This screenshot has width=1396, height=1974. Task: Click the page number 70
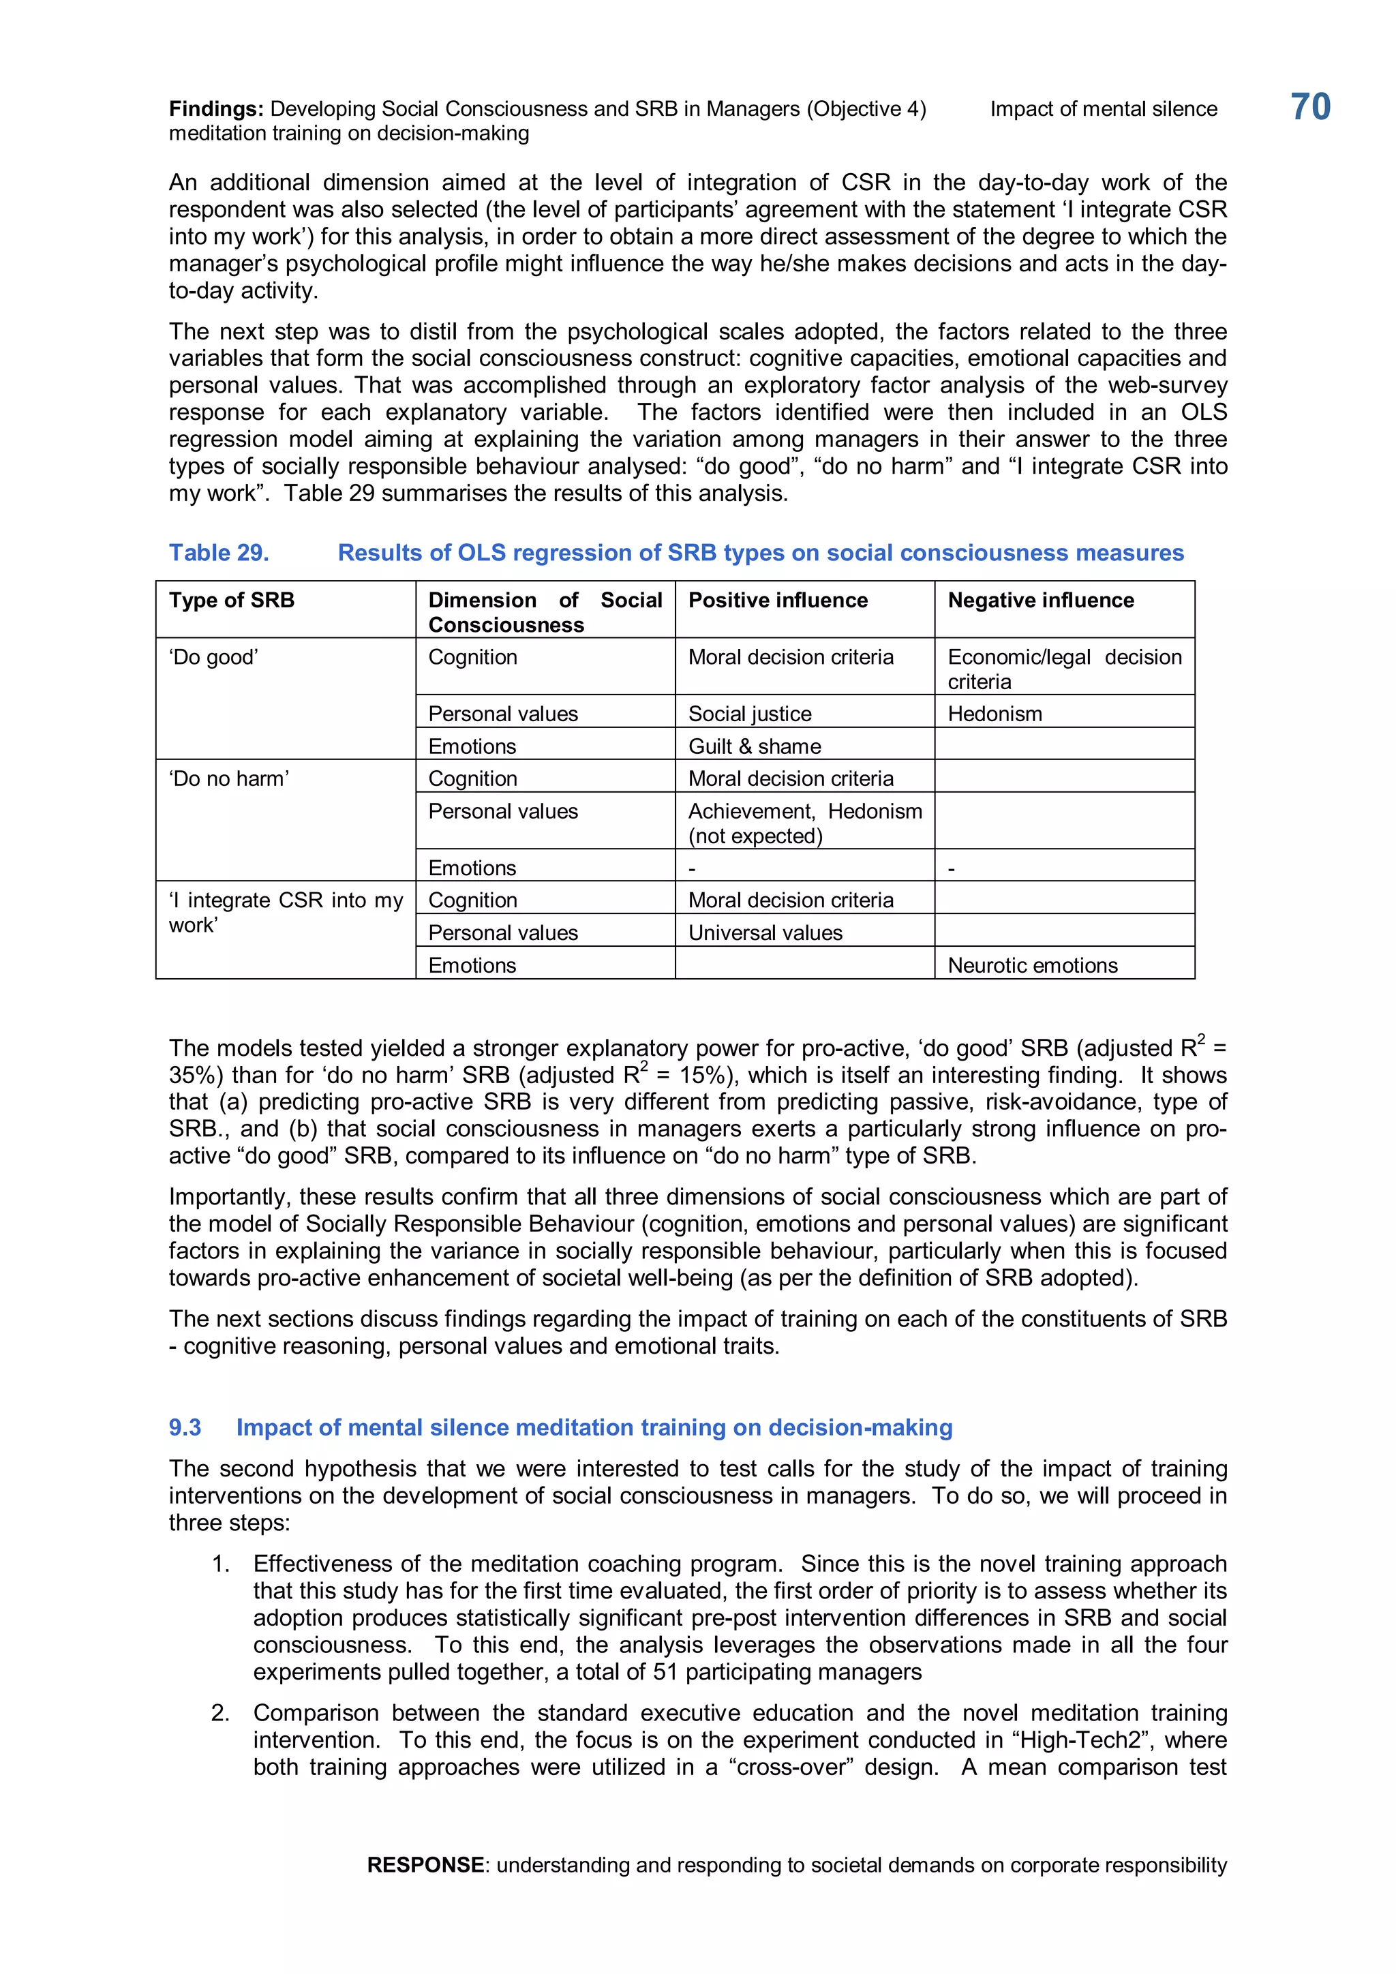[x=1310, y=108]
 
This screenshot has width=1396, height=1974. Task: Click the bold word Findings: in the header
[x=216, y=109]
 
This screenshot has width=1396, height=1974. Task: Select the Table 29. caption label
[x=218, y=553]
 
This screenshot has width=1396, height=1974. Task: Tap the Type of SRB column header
[x=231, y=600]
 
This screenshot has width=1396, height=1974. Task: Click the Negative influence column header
[x=1040, y=600]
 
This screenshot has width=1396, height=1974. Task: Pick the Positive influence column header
[x=777, y=600]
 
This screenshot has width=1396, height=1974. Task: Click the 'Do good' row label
[x=213, y=658]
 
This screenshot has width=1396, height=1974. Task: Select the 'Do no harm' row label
[x=228, y=779]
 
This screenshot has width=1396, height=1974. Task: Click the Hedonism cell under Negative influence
[x=995, y=714]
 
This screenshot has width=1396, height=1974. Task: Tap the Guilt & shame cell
[x=754, y=746]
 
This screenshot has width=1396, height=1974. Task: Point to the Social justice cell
[x=750, y=714]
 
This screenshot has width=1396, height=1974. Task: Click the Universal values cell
[x=765, y=933]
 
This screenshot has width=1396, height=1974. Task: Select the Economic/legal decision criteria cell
[x=1064, y=669]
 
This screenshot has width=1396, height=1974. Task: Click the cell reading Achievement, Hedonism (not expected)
[x=804, y=823]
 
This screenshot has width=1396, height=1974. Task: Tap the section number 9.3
[x=185, y=1427]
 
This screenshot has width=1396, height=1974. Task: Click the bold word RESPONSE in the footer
[x=425, y=1865]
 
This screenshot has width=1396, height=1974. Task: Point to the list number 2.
[x=220, y=1713]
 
